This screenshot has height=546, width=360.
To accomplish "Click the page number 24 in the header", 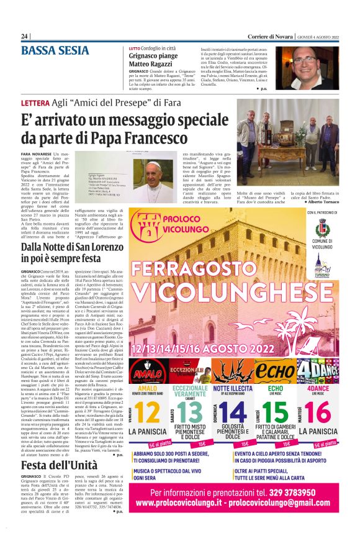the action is click(x=25, y=36).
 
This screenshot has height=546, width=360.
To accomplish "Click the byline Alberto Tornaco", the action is click(x=322, y=202).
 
